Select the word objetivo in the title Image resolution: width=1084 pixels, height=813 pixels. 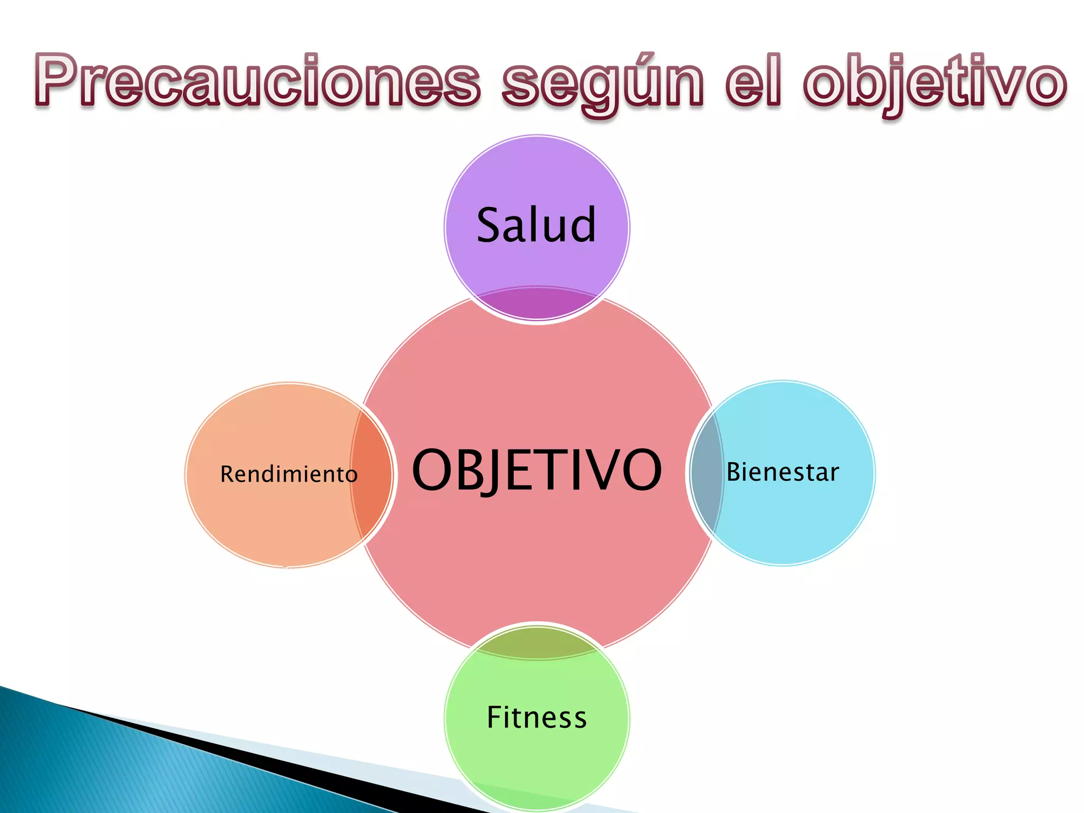[x=935, y=83]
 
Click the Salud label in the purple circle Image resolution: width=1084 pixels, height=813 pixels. [x=536, y=225]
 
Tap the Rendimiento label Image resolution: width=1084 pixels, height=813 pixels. [x=288, y=474]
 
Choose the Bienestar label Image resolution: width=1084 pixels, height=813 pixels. [x=782, y=472]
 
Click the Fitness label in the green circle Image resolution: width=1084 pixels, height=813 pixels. [x=537, y=718]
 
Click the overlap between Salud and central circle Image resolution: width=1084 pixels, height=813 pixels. [x=537, y=304]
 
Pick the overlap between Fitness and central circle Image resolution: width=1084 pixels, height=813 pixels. [x=537, y=642]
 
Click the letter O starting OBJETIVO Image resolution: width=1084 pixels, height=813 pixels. [x=432, y=469]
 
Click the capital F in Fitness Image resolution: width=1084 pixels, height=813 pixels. [x=495, y=717]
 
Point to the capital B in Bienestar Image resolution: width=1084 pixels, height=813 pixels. [x=734, y=472]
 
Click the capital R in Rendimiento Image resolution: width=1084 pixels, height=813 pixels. [x=227, y=474]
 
